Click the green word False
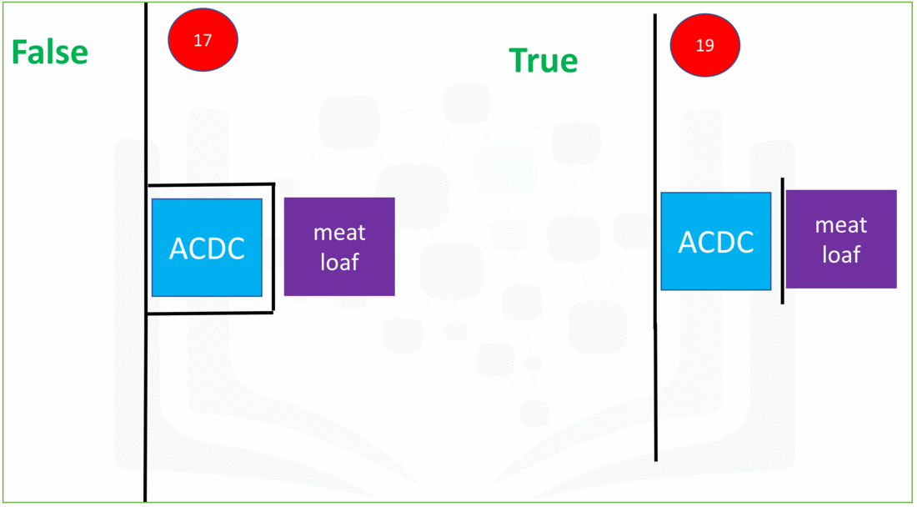click(x=50, y=53)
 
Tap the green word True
click(x=544, y=60)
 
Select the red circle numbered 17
click(x=203, y=40)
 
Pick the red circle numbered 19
click(x=704, y=46)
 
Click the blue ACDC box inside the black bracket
click(x=207, y=248)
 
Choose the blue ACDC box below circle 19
click(x=716, y=241)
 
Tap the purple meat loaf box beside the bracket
click(x=339, y=247)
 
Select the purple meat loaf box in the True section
click(x=841, y=239)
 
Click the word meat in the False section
click(x=340, y=233)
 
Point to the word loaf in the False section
click(x=340, y=262)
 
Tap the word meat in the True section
click(x=841, y=225)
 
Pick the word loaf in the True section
click(x=841, y=254)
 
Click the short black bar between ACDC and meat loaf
click(x=783, y=241)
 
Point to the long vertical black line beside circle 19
click(x=655, y=238)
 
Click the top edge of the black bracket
click(x=211, y=185)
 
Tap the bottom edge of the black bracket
click(x=210, y=313)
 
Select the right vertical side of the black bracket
click(x=273, y=248)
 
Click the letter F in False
click(x=19, y=53)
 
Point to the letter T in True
click(x=518, y=60)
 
